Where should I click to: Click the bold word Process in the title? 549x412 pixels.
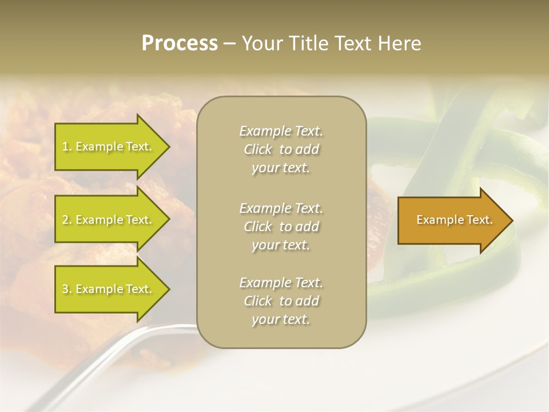pos(180,43)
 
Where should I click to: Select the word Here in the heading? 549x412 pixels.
pos(400,43)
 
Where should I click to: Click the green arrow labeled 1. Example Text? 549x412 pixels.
pos(109,146)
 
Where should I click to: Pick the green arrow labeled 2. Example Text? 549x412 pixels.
pos(109,220)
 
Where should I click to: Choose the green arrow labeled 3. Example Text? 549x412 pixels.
pos(109,289)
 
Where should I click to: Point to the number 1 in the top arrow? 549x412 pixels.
pos(65,147)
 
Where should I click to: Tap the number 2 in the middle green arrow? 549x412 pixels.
pos(65,220)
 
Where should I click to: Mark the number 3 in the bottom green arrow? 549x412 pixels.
pos(65,290)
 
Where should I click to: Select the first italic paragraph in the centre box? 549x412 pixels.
pos(281,149)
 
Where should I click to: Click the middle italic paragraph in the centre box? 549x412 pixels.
pos(281,226)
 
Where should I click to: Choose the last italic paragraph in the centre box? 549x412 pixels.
pos(281,300)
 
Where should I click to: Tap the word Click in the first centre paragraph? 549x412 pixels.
pos(257,150)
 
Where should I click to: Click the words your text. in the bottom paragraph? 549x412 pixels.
pos(281,319)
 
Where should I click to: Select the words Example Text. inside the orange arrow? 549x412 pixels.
pos(454,220)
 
